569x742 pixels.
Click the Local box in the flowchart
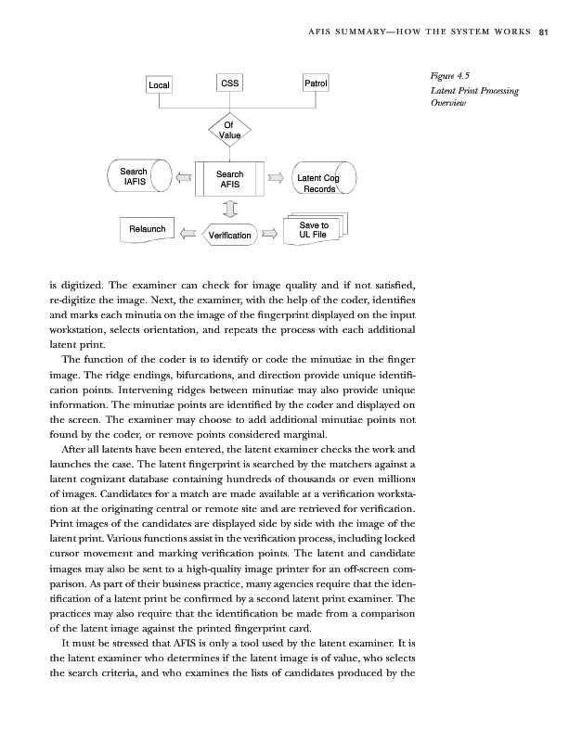[159, 86]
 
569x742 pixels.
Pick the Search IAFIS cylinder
[135, 177]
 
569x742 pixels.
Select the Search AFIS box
[229, 179]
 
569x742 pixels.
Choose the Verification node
[229, 236]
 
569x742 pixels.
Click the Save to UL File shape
[314, 230]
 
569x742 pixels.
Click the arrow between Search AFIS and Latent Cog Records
[276, 178]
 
